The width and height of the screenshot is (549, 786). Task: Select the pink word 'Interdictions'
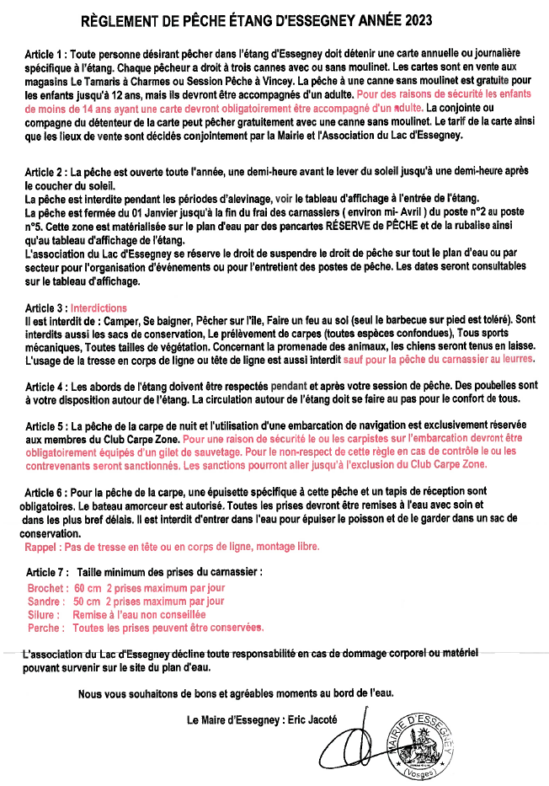(x=99, y=308)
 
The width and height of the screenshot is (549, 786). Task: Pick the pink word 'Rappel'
(x=43, y=547)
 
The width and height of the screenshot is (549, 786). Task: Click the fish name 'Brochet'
(x=45, y=587)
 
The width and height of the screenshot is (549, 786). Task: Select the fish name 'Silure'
(x=44, y=615)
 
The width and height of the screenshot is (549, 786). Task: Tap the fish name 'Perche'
(x=45, y=628)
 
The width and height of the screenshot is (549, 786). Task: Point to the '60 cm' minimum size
(x=88, y=587)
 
